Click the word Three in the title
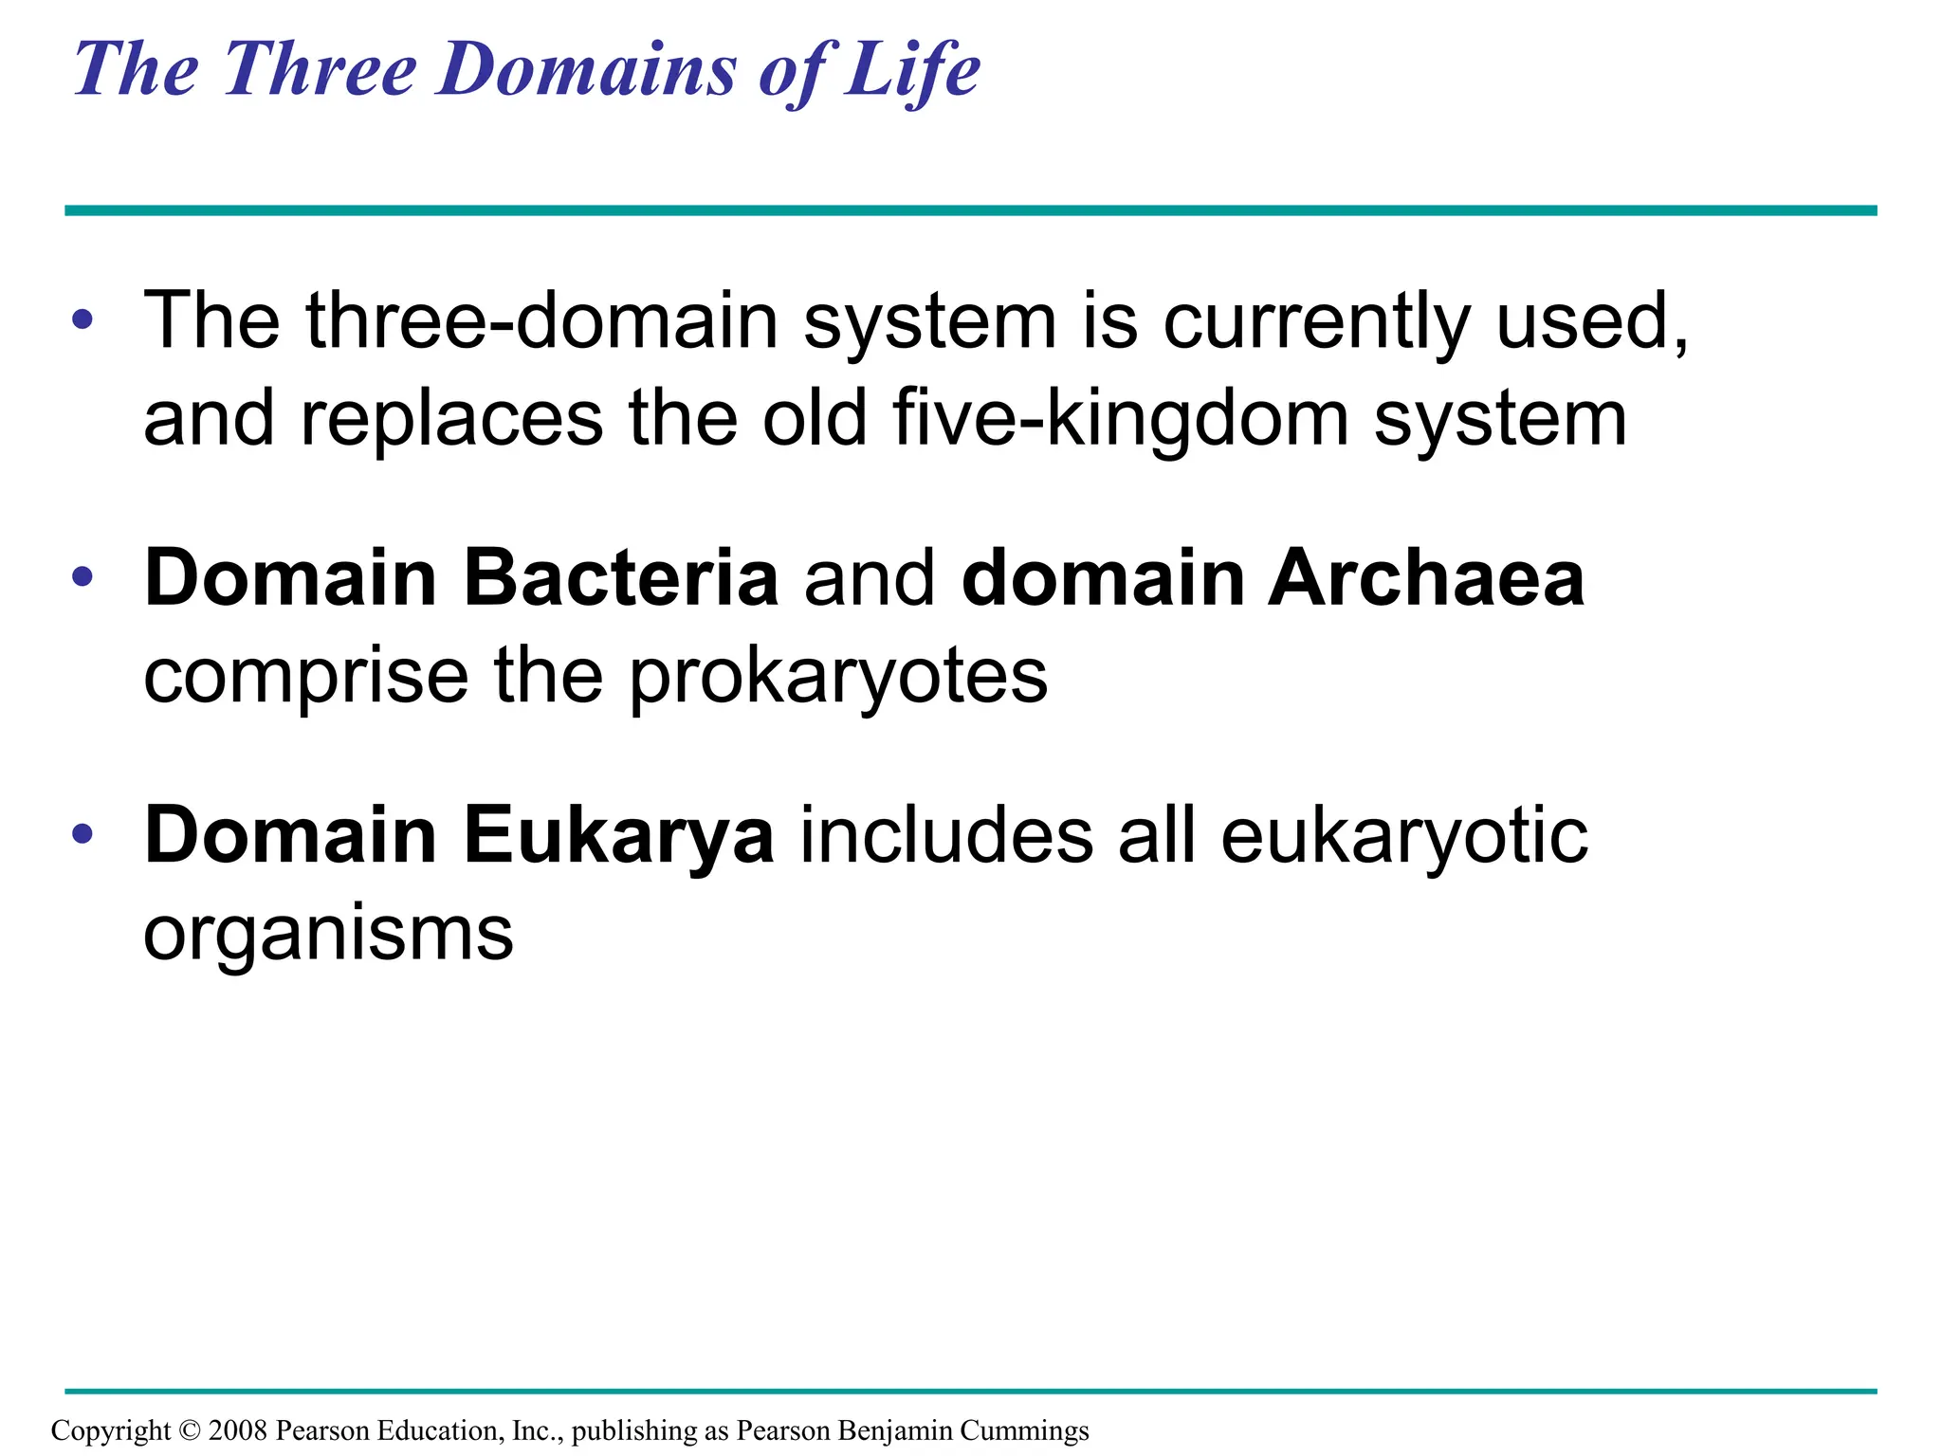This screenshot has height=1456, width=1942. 321,70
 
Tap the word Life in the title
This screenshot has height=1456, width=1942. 912,70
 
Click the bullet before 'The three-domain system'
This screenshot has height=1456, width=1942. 82,319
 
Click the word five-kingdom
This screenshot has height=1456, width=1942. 1120,419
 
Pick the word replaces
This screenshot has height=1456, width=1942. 451,419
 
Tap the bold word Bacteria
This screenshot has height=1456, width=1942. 621,578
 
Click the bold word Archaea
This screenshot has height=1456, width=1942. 1426,578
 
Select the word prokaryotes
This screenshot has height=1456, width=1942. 838,678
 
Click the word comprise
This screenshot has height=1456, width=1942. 305,678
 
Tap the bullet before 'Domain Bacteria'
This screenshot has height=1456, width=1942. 82,576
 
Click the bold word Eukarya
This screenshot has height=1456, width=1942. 618,836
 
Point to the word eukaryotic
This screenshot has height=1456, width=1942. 1403,836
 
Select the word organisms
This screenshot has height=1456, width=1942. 328,936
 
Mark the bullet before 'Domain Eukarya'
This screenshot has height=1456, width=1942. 82,834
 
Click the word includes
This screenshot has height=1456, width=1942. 946,836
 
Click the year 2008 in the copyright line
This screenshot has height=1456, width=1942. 238,1430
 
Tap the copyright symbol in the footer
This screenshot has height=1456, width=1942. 190,1430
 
